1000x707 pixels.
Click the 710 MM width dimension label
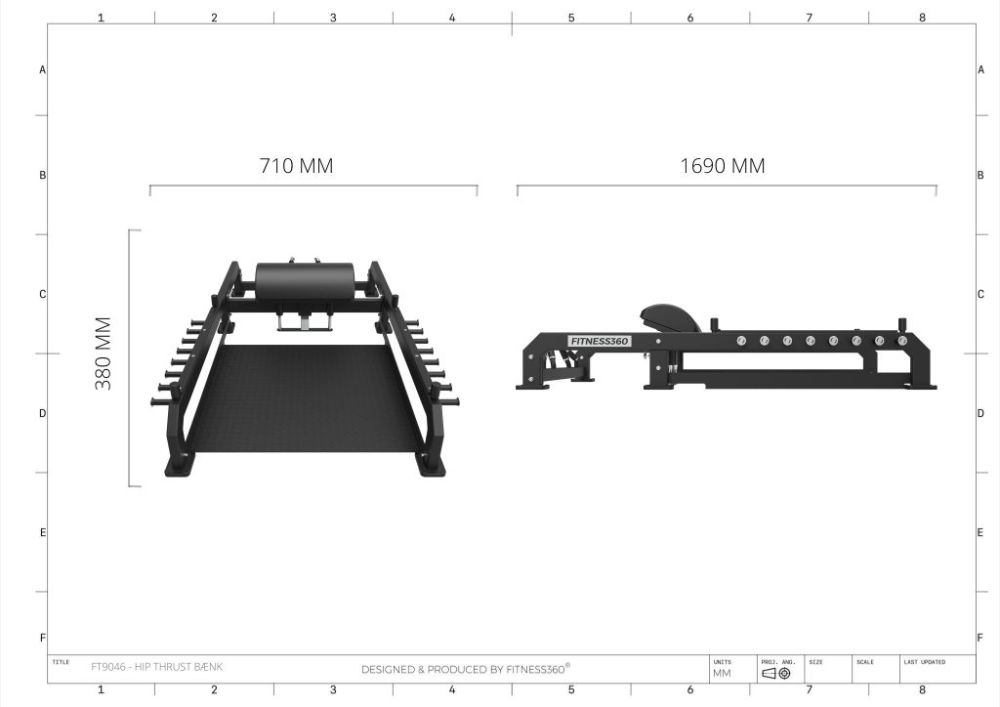296,166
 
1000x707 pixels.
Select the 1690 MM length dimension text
722,166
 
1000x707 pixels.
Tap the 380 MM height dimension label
104,353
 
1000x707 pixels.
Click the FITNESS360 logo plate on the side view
600,341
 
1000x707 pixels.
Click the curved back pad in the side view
669,317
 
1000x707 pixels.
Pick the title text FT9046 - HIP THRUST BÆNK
157,667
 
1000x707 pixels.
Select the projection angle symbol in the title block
776,673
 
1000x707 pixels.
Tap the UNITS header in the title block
722,662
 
